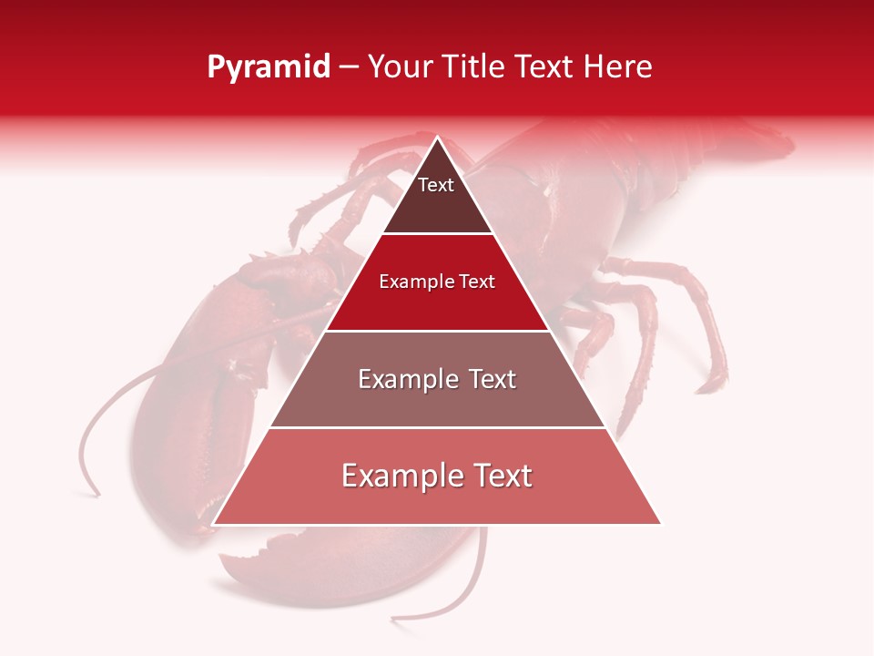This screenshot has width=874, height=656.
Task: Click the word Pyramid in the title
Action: click(x=268, y=67)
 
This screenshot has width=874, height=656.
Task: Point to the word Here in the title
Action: click(x=617, y=67)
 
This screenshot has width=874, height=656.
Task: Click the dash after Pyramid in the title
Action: click(x=349, y=68)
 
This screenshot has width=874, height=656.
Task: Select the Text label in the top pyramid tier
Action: click(x=435, y=185)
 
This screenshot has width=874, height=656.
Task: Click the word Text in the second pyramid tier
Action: click(x=477, y=282)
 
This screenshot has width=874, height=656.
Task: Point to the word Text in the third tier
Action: click(x=493, y=379)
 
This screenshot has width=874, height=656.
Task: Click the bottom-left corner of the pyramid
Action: click(x=214, y=524)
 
